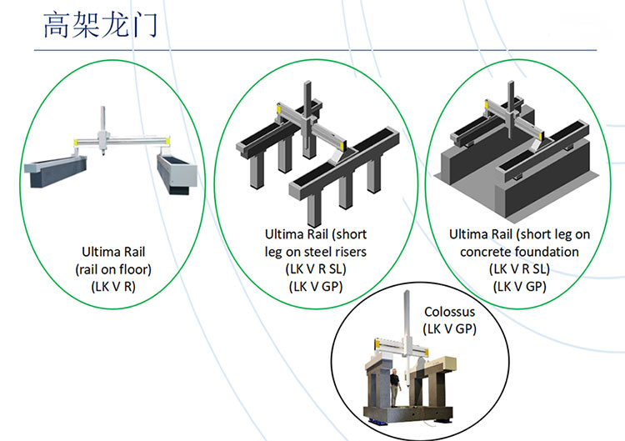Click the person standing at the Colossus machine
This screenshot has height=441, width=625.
tap(395, 388)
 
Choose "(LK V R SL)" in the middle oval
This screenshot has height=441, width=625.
tap(315, 268)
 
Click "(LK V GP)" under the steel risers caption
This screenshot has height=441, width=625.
tap(315, 286)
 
